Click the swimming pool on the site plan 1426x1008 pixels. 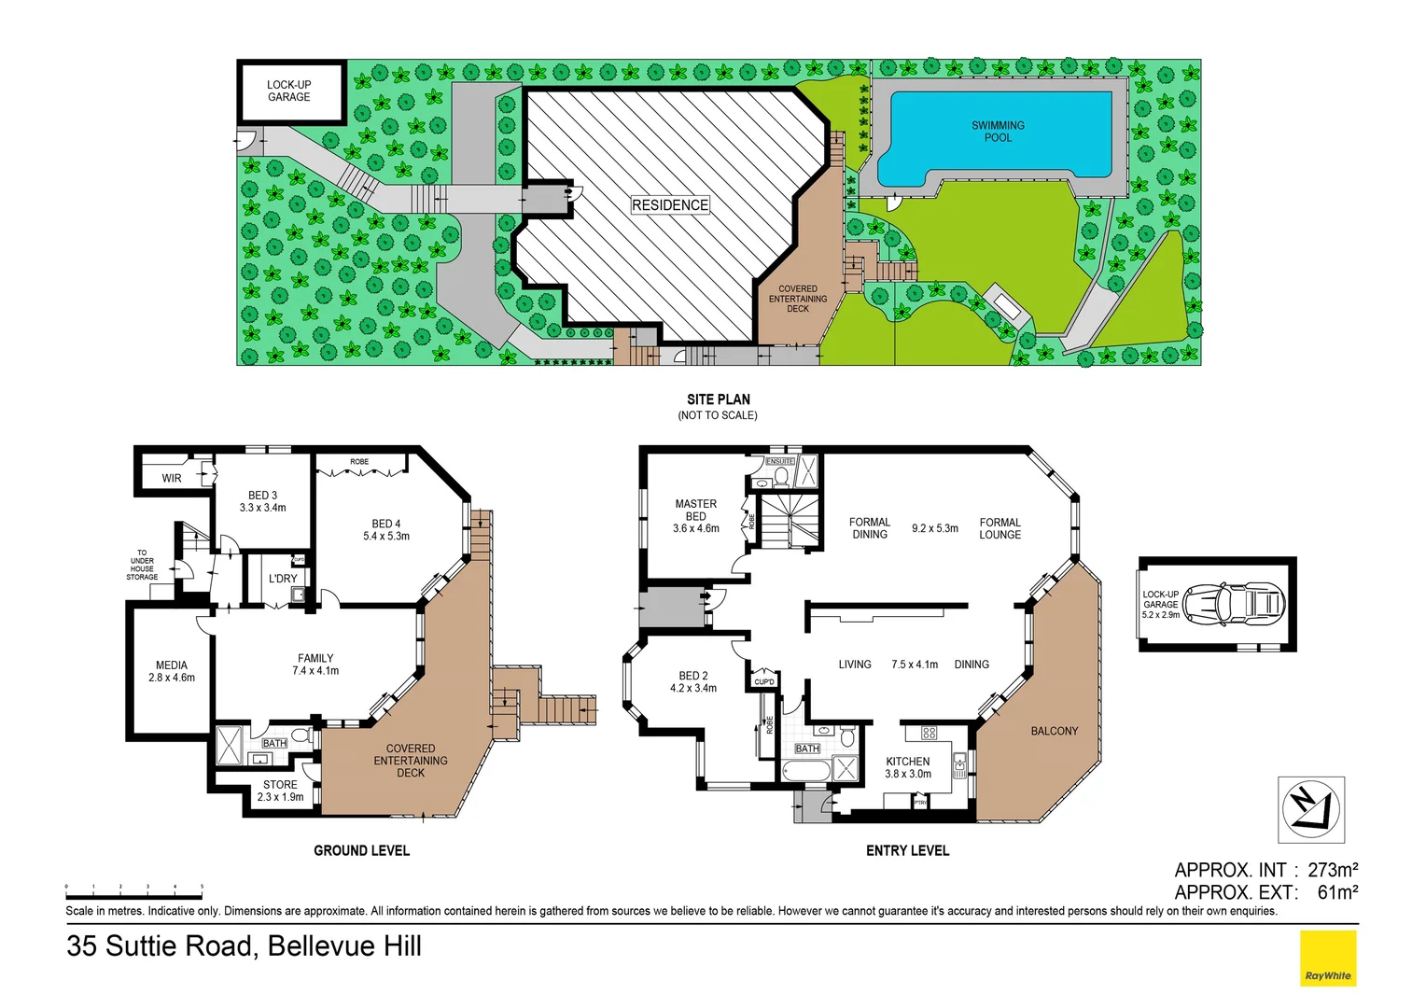pyautogui.click(x=997, y=136)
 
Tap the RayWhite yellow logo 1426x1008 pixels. pyautogui.click(x=1327, y=958)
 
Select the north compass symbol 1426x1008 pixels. pyautogui.click(x=1310, y=808)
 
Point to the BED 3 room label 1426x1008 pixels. pyautogui.click(x=262, y=501)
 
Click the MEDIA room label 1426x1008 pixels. pyautogui.click(x=171, y=671)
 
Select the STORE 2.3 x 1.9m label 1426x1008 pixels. pyautogui.click(x=280, y=791)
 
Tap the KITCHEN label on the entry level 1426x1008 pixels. pyautogui.click(x=907, y=767)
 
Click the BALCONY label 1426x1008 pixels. pyautogui.click(x=1054, y=731)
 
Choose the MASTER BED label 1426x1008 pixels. pyautogui.click(x=695, y=510)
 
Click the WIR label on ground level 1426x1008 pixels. pyautogui.click(x=172, y=478)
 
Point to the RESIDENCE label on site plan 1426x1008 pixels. pyautogui.click(x=669, y=204)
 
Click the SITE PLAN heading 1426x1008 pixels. pyautogui.click(x=718, y=399)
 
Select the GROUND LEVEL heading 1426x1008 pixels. pyautogui.click(x=361, y=850)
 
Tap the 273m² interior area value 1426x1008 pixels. pyautogui.click(x=1332, y=870)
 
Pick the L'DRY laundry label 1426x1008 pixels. pyautogui.click(x=283, y=579)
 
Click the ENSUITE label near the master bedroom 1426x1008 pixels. pyautogui.click(x=779, y=461)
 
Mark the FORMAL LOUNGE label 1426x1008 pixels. pyautogui.click(x=1000, y=528)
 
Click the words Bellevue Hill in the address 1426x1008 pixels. pyautogui.click(x=344, y=945)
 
